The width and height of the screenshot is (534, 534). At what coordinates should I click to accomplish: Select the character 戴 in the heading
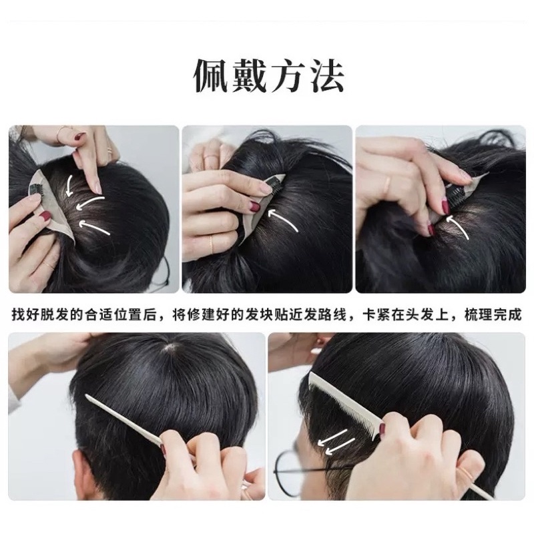(x=248, y=76)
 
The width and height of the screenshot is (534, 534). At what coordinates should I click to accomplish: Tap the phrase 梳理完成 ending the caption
(x=493, y=314)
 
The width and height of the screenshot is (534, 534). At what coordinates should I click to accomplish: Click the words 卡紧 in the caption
(x=376, y=314)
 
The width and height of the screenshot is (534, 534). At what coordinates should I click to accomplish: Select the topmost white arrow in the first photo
(x=70, y=186)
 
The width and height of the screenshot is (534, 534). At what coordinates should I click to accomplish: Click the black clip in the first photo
(x=35, y=190)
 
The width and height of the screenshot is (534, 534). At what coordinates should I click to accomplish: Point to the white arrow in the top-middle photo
(x=282, y=220)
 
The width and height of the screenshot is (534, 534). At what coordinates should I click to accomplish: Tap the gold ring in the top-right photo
(x=388, y=184)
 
